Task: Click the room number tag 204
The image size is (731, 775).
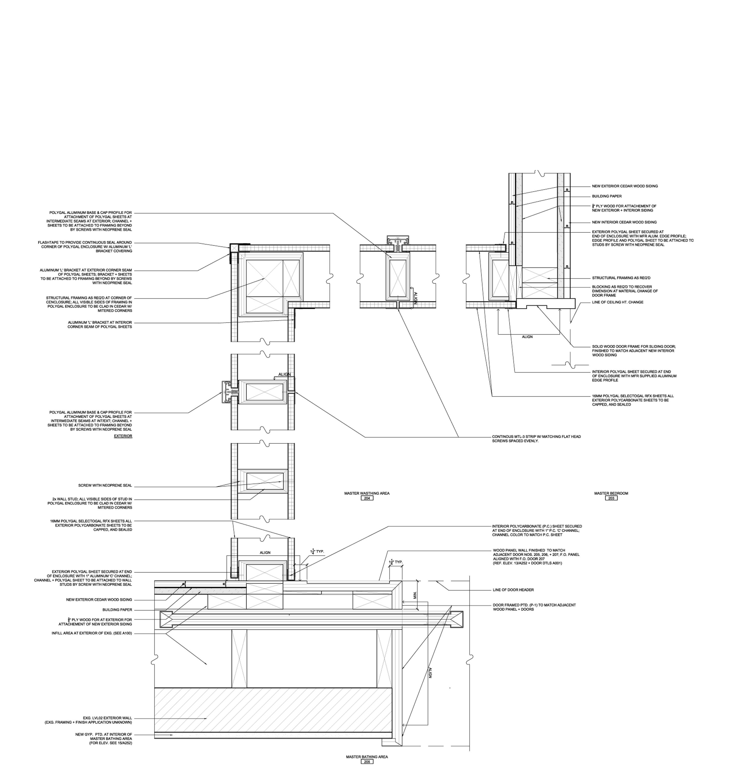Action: click(367, 498)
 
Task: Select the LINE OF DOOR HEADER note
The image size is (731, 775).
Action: click(513, 590)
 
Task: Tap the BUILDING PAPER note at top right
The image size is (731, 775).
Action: click(607, 196)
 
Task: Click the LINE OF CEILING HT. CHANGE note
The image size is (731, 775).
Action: click(617, 302)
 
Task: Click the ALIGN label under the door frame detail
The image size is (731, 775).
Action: click(527, 336)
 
